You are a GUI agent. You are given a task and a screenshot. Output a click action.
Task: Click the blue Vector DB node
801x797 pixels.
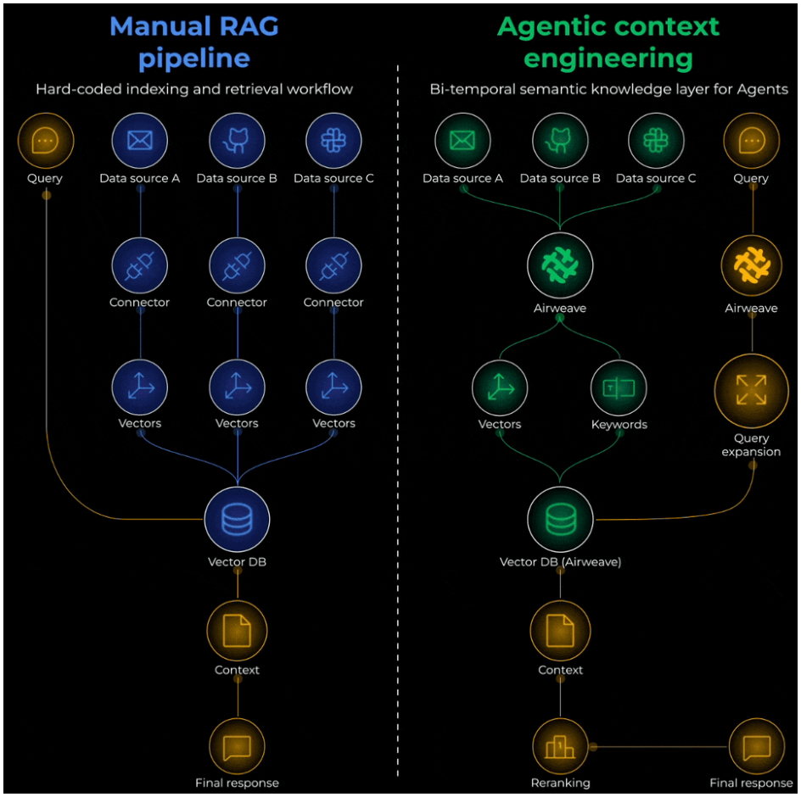tap(237, 519)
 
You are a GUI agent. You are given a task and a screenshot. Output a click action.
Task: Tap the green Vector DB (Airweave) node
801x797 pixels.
tap(560, 519)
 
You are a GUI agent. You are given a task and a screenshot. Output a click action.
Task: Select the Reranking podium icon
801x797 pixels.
tap(560, 746)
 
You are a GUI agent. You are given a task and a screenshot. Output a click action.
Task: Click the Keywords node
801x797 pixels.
tap(619, 388)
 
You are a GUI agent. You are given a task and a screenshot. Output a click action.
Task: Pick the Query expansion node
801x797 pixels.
tap(752, 391)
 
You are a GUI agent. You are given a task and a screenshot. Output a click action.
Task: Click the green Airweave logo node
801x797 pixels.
tap(560, 265)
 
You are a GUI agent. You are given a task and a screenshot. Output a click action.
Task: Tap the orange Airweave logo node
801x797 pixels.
tap(752, 265)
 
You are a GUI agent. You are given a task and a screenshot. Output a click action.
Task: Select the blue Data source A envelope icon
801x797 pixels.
tap(140, 141)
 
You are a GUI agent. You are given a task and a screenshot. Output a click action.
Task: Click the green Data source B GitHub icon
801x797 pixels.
tap(560, 141)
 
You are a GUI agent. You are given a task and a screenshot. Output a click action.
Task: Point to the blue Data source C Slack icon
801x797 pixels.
tap(333, 141)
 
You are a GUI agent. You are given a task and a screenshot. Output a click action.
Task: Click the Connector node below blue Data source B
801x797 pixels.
tap(237, 265)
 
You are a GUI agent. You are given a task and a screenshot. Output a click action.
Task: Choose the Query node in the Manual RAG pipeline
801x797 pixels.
tap(46, 141)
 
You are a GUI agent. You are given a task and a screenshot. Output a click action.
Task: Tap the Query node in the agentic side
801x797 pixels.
tap(752, 141)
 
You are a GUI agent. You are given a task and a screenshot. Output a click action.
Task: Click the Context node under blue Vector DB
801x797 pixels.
tap(237, 631)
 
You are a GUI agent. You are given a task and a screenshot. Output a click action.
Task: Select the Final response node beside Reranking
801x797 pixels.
tap(757, 746)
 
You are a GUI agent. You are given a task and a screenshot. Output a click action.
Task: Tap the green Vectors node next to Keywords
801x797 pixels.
tap(500, 388)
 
